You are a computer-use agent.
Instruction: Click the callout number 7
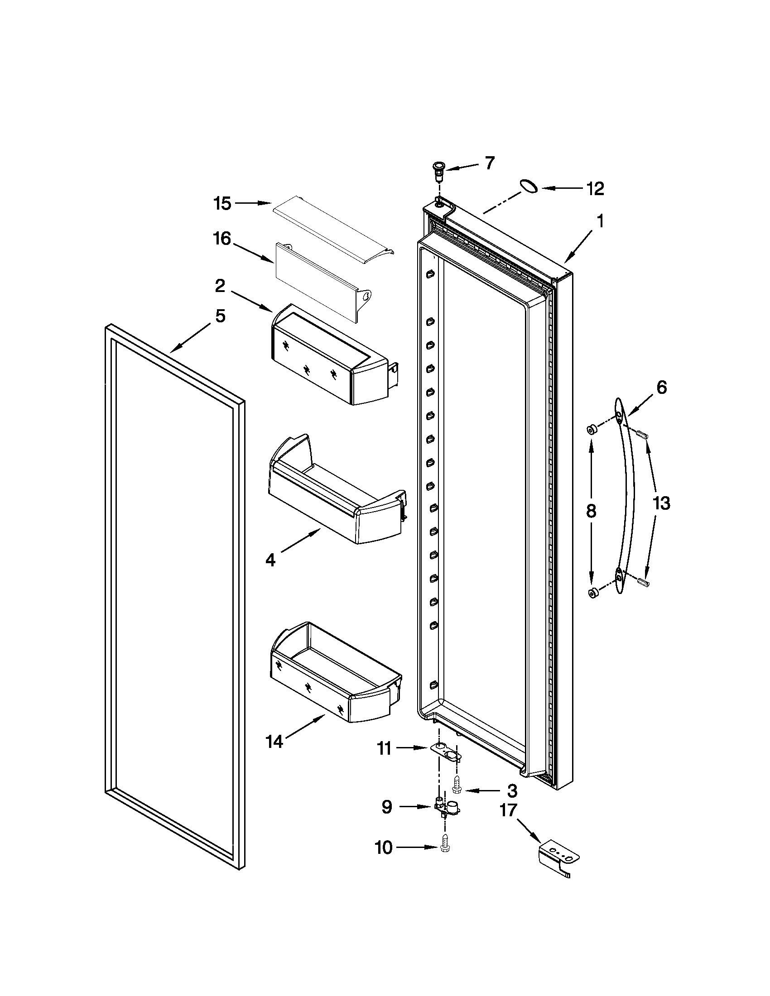[490, 163]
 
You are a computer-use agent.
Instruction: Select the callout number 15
[222, 203]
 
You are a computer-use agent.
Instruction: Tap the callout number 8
[591, 511]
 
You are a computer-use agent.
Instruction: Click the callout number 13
[661, 503]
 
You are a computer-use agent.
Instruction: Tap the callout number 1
[600, 221]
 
